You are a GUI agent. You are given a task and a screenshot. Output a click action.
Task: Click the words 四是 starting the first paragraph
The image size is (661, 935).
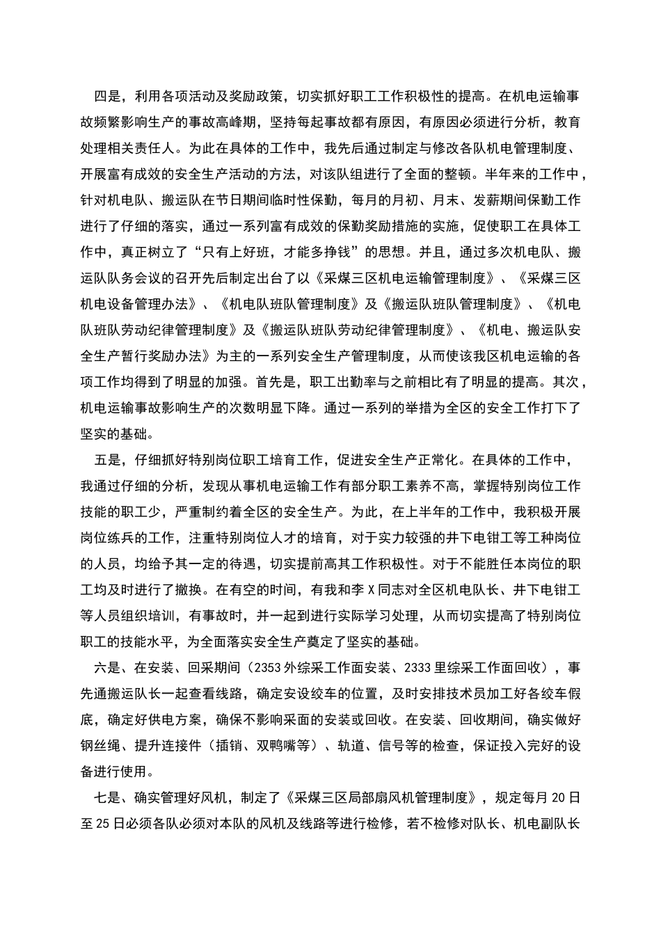[x=107, y=95]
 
